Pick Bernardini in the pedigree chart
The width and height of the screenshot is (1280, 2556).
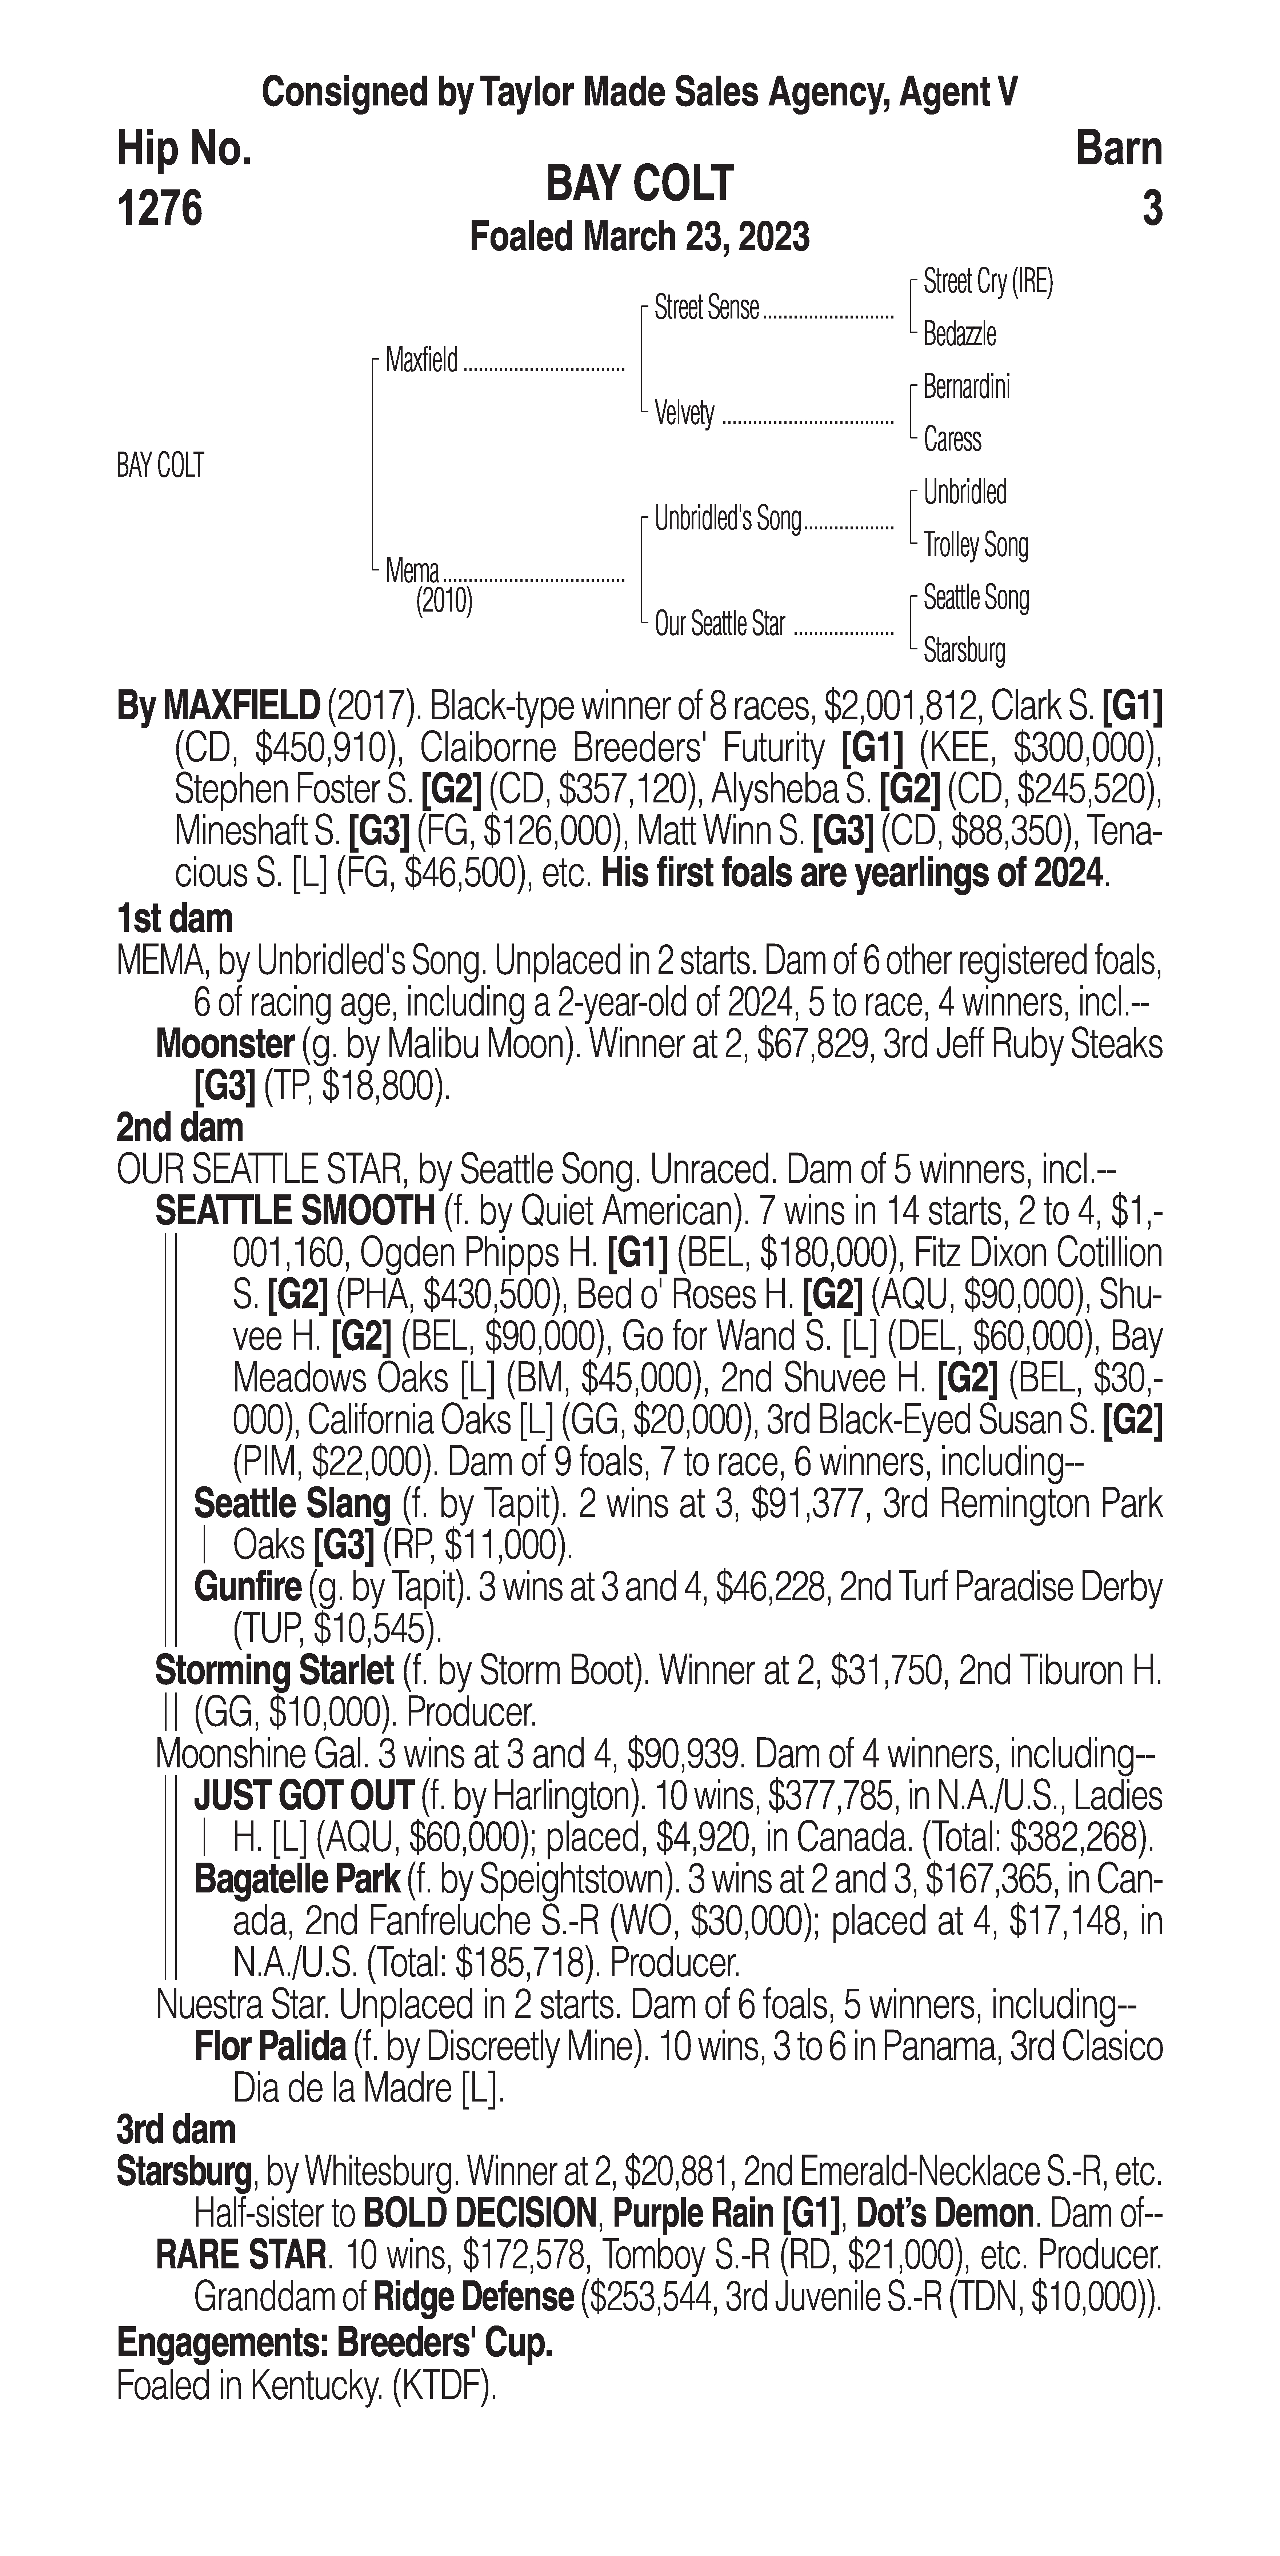tap(967, 387)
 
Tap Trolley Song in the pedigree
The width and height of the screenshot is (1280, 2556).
tap(975, 545)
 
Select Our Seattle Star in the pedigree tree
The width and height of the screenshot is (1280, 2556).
tap(719, 624)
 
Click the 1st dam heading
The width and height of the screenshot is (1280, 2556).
tap(175, 919)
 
